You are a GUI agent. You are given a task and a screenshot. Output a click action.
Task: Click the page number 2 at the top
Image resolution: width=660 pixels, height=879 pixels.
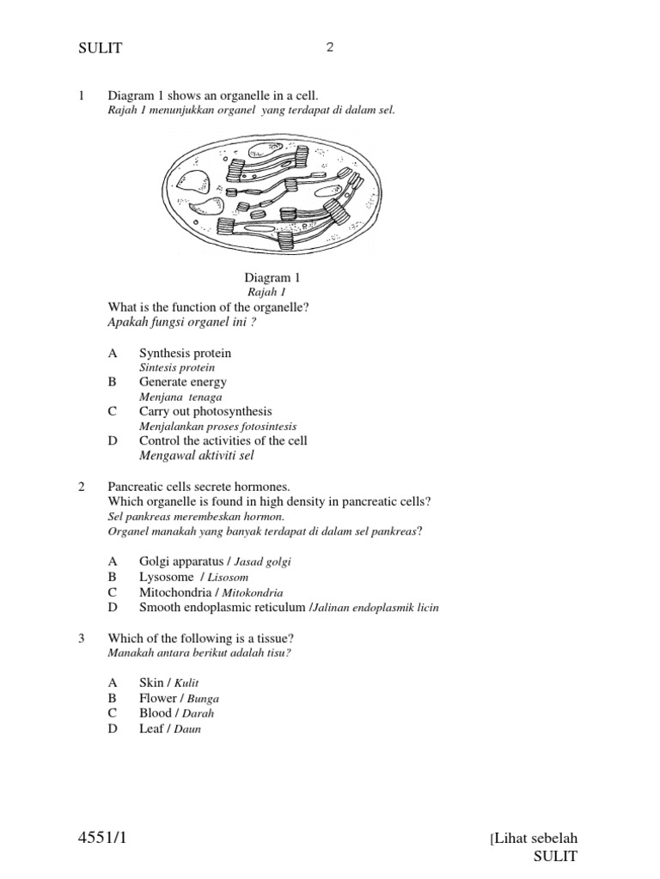(329, 48)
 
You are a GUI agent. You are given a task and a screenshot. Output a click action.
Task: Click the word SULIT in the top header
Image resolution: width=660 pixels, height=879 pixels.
(101, 49)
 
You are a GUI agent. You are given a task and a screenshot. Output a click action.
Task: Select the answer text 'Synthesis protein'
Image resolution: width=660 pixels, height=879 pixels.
(185, 354)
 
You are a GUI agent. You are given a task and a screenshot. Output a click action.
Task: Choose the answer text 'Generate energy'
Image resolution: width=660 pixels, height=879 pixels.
(182, 382)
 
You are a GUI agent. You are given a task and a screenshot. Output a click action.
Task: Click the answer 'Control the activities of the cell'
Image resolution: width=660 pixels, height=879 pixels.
(223, 440)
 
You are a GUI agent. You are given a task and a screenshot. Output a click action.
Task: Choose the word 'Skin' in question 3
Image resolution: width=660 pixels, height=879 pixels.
(151, 682)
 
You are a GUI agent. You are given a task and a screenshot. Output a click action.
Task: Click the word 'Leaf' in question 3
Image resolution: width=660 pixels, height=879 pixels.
(151, 729)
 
